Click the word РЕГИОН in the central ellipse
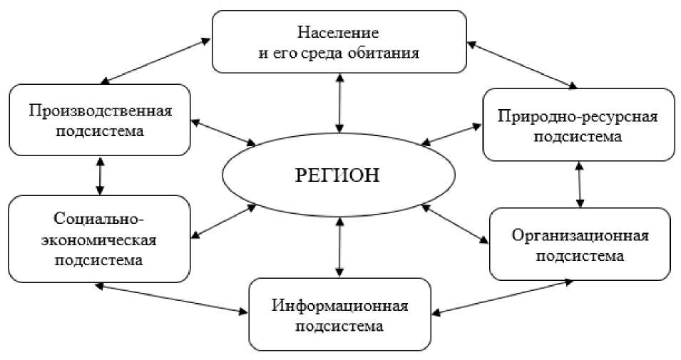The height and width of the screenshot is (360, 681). point(339,175)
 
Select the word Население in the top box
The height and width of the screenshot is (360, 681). point(338,33)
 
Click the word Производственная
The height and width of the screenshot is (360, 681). point(101,112)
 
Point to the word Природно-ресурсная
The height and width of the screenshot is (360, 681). point(578,116)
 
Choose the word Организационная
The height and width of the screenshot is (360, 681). point(580,236)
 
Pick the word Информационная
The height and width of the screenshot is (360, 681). point(340,307)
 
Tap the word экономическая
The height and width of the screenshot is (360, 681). point(100,240)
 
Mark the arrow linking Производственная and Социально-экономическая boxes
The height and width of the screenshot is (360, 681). point(100,176)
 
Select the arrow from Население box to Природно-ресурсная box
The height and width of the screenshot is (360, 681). point(521,65)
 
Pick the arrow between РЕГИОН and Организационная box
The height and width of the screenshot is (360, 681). point(455,225)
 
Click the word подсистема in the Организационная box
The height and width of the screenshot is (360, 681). point(580,256)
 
